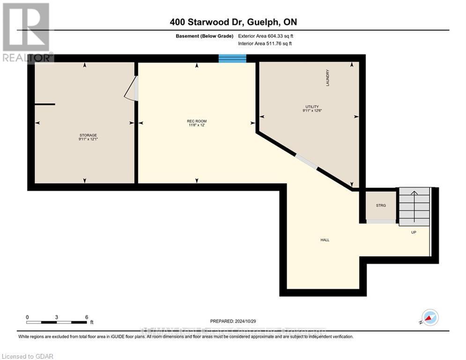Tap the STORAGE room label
click(x=88, y=135)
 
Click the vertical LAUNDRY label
click(x=328, y=78)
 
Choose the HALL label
click(x=325, y=240)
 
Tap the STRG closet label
click(x=380, y=205)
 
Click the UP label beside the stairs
click(x=414, y=232)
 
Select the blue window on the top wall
click(x=232, y=58)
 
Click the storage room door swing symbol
click(x=131, y=89)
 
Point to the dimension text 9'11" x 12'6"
click(x=312, y=111)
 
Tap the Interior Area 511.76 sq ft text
click(x=265, y=44)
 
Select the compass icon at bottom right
click(x=430, y=317)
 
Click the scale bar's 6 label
click(x=87, y=317)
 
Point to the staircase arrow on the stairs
click(x=414, y=194)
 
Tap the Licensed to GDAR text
click(x=27, y=356)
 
